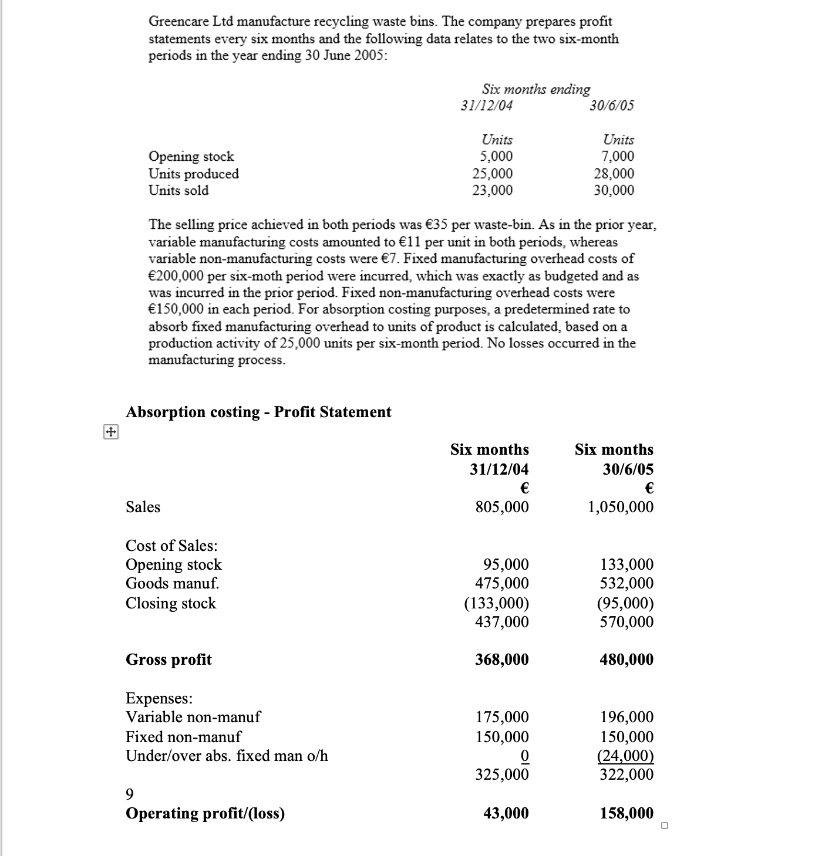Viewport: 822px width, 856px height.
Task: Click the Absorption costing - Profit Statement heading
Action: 258,412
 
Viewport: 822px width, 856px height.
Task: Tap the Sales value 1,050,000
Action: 621,507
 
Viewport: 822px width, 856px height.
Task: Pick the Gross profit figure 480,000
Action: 626,659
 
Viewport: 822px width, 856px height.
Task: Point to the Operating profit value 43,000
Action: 506,813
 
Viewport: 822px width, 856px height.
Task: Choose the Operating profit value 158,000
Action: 626,813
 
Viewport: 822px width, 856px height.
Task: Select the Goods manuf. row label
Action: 172,583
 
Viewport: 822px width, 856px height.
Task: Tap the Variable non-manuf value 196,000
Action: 626,717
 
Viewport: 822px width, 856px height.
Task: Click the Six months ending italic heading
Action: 535,89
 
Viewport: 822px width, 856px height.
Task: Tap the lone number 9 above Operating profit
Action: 130,794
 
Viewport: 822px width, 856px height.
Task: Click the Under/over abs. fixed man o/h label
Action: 227,756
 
